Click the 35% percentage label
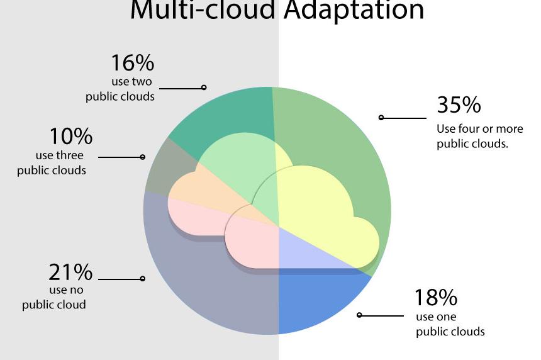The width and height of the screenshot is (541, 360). (x=459, y=104)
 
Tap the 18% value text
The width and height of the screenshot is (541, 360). (x=436, y=297)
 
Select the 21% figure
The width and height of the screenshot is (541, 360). (x=70, y=272)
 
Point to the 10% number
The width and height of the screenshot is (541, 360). (x=71, y=136)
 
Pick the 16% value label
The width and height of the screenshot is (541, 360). (x=133, y=62)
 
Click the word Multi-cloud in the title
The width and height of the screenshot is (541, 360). (x=203, y=9)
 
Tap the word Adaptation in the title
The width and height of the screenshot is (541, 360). (x=354, y=10)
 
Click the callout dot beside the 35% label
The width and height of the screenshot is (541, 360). (x=381, y=118)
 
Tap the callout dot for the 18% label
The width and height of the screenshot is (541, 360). (x=359, y=315)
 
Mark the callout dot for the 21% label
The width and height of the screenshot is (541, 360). (x=143, y=279)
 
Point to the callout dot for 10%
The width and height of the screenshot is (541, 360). (x=143, y=157)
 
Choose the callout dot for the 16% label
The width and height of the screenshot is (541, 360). (x=204, y=87)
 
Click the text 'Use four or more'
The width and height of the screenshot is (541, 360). (x=480, y=129)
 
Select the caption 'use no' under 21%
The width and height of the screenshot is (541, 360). (x=66, y=290)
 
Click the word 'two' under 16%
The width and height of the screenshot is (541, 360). (x=142, y=81)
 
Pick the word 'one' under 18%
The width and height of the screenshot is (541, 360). (x=447, y=317)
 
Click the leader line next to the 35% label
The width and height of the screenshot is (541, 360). (x=404, y=118)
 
